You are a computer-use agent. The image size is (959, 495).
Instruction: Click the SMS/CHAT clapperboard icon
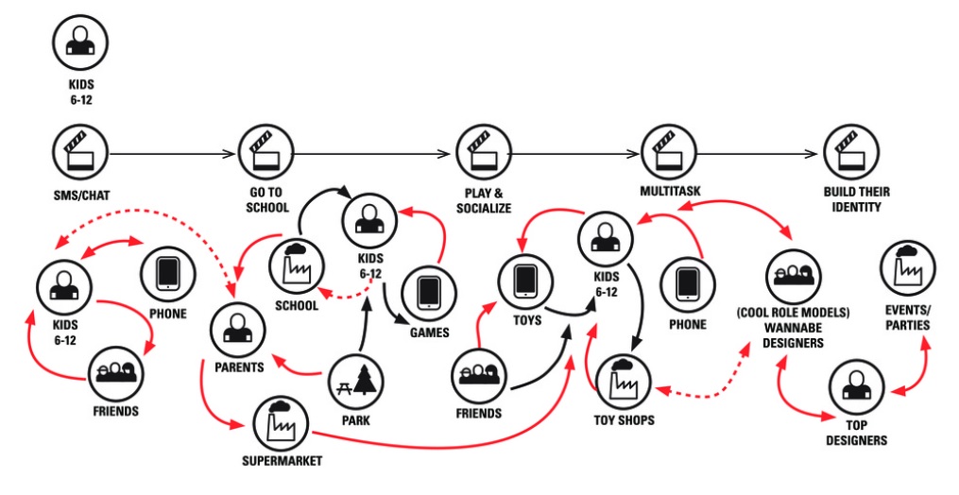coord(81,152)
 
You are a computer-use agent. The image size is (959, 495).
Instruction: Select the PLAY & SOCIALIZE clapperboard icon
coord(484,152)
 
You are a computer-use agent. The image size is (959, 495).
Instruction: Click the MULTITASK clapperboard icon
coord(668,152)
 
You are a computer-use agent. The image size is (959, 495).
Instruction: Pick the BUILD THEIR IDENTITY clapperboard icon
coord(850,152)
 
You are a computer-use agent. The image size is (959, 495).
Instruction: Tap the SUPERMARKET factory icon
coord(281,424)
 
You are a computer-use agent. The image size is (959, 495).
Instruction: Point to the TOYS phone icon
coord(526,280)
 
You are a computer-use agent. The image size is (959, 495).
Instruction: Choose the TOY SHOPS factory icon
coord(623,379)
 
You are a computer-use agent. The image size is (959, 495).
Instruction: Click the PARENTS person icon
coord(237,327)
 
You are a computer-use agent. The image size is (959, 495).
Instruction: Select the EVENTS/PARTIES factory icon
coord(908,267)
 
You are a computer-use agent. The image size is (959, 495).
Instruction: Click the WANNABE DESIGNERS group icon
coord(792,276)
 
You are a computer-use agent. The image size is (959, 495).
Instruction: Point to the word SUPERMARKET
coord(281,461)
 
